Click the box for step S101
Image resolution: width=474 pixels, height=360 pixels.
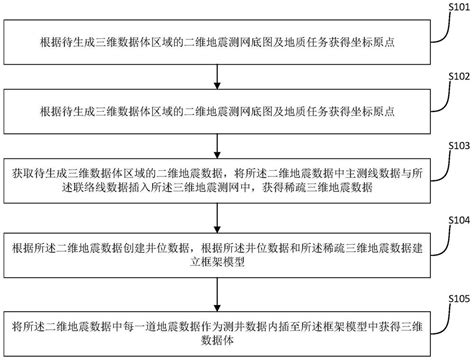pyautogui.click(x=220, y=41)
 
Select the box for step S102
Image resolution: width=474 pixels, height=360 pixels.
pyautogui.click(x=220, y=108)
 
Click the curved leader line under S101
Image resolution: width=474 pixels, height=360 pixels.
pyautogui.click(x=441, y=20)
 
